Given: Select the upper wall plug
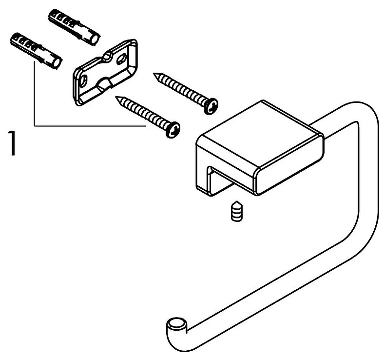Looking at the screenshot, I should pos(73,26).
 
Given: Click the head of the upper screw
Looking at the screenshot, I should pos(211,106).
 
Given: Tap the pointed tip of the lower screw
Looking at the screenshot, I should pos(117,98).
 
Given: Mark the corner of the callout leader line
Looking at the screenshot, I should pos(34,126).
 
